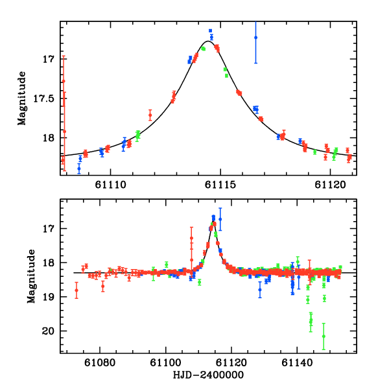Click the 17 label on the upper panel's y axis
point(51,59)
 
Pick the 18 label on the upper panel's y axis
point(51,137)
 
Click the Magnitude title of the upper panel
point(23,98)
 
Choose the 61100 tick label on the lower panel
point(166,364)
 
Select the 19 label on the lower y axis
point(51,297)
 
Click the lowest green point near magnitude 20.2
point(323,336)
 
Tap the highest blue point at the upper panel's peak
point(211,30)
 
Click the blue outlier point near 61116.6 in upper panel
point(255,38)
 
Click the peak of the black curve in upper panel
point(207,41)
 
